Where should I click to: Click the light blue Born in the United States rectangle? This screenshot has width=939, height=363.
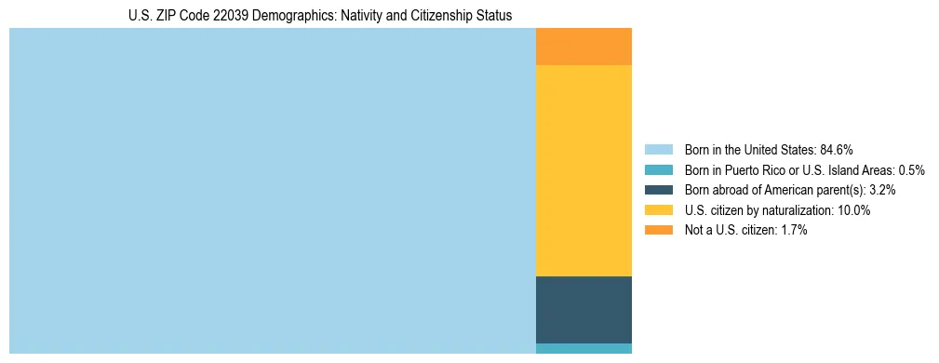(273, 191)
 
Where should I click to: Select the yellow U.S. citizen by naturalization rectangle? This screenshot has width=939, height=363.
(584, 170)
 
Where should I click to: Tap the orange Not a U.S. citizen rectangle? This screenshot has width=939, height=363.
(584, 47)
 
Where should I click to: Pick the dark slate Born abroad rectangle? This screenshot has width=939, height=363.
(584, 310)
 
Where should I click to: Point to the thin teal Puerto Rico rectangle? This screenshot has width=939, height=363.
(584, 349)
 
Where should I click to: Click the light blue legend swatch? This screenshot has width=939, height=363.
(658, 149)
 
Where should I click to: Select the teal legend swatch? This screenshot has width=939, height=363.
(658, 169)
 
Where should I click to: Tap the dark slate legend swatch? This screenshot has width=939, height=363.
(658, 190)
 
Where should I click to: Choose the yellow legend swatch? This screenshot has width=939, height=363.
(658, 210)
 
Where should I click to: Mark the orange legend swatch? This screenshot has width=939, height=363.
(658, 230)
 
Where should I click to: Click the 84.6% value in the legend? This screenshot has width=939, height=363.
(837, 149)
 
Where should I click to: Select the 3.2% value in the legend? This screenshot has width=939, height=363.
(882, 190)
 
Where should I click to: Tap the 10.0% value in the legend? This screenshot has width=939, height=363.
(853, 210)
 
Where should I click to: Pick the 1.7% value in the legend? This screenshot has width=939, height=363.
(792, 230)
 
